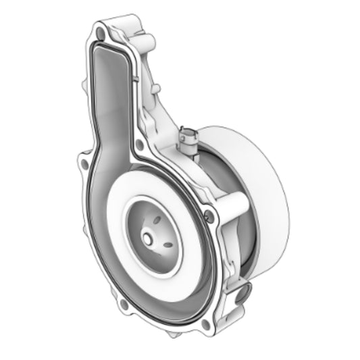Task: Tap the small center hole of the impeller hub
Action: [x=147, y=239]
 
